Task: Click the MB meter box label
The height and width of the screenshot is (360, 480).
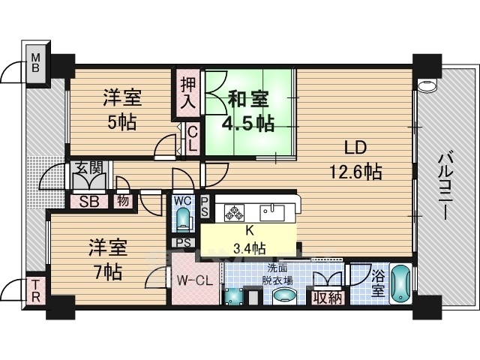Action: [36, 62]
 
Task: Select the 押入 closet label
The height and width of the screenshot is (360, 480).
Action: [187, 92]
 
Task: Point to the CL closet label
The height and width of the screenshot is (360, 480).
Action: [192, 139]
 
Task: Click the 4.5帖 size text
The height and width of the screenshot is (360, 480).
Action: [248, 124]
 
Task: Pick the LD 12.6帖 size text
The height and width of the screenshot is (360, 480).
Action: [355, 172]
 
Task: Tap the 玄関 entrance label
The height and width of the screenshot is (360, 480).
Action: [88, 168]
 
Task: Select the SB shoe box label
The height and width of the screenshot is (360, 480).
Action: [88, 202]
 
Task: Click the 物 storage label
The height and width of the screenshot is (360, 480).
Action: [123, 202]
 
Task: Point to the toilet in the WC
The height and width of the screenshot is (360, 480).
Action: [184, 219]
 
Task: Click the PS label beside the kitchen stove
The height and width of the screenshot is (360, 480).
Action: [205, 207]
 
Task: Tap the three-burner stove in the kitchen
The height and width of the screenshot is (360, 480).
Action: [234, 212]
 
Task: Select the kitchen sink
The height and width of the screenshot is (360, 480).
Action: [271, 213]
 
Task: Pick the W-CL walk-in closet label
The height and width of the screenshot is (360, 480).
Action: [195, 280]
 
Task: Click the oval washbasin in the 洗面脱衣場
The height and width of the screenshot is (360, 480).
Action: [284, 297]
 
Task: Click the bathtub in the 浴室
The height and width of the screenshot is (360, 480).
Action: [400, 283]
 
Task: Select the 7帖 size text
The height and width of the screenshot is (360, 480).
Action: [108, 271]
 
